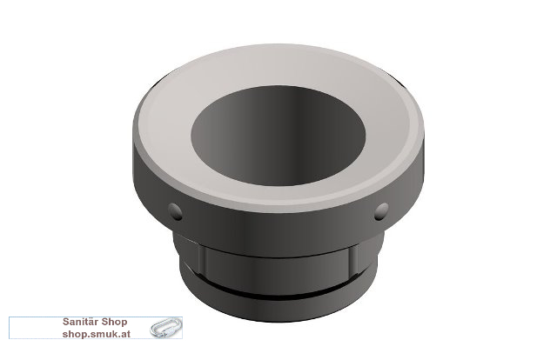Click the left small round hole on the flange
tap(175, 211)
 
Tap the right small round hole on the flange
tap(381, 211)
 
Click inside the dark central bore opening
tap(278, 136)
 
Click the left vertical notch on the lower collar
tap(201, 260)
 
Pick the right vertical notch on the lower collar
tap(353, 260)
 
